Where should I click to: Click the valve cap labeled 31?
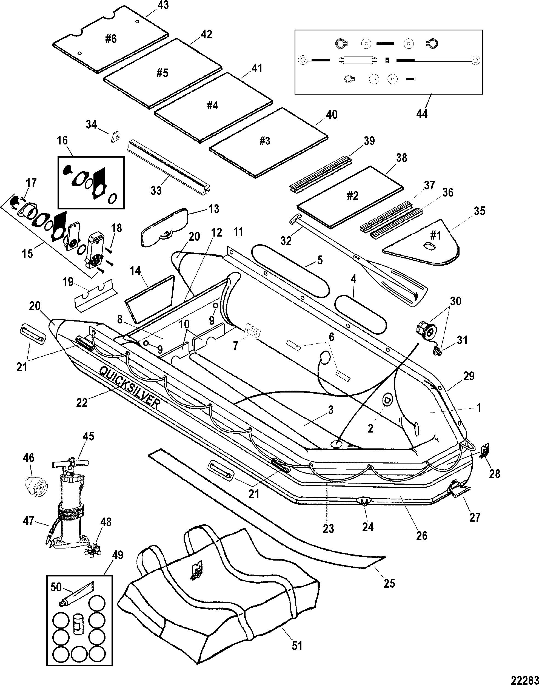[x=438, y=351]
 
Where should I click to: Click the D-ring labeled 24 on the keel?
[x=363, y=502]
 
